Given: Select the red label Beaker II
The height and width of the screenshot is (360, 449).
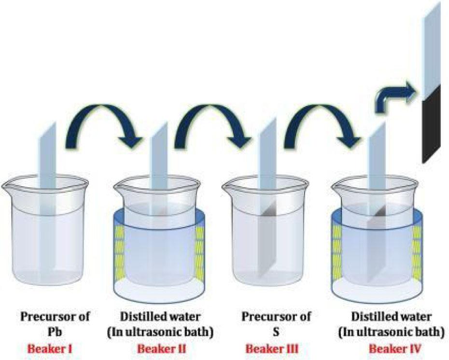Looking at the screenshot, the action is (x=162, y=349).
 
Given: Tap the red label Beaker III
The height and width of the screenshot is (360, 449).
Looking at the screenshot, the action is (x=272, y=349).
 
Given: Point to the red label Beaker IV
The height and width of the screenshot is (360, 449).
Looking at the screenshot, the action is (x=395, y=349).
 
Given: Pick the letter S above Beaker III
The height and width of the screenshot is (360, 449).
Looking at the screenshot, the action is (x=276, y=332).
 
